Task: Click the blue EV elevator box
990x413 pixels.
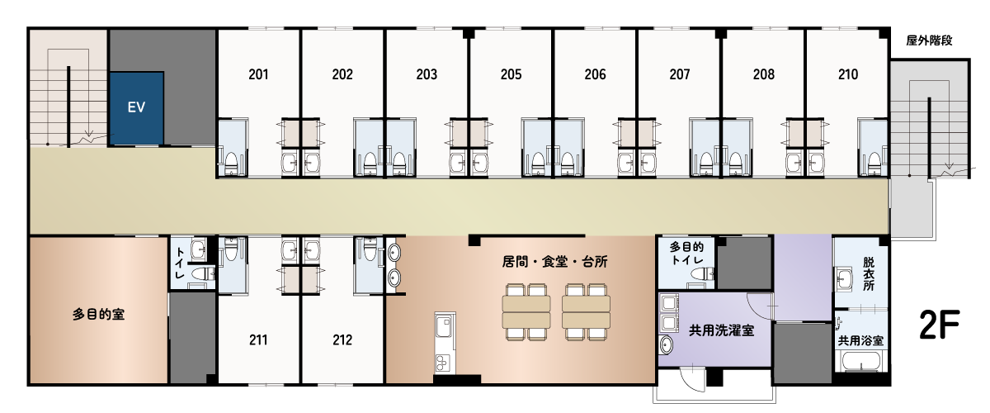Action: point(137,108)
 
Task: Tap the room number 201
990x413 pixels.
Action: point(258,74)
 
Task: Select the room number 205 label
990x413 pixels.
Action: point(511,74)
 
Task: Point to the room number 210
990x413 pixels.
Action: point(848,74)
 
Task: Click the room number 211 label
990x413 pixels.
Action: point(258,340)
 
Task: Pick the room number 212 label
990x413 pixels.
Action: point(342,340)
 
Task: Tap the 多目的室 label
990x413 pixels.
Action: point(98,315)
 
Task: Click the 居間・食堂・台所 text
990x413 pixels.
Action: point(554,262)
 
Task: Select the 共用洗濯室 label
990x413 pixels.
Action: point(721,330)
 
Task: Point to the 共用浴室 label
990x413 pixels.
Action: point(860,340)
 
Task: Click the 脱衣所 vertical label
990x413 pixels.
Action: point(869,274)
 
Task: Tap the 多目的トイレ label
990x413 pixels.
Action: point(686,254)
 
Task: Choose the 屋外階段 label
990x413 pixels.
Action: point(929,40)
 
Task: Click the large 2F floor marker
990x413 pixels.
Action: point(939,325)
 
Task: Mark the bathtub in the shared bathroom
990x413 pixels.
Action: point(860,360)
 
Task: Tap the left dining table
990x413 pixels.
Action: point(526,312)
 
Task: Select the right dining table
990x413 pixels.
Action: point(586,312)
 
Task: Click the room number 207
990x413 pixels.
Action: point(680,74)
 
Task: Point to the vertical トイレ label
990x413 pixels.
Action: point(180,263)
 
